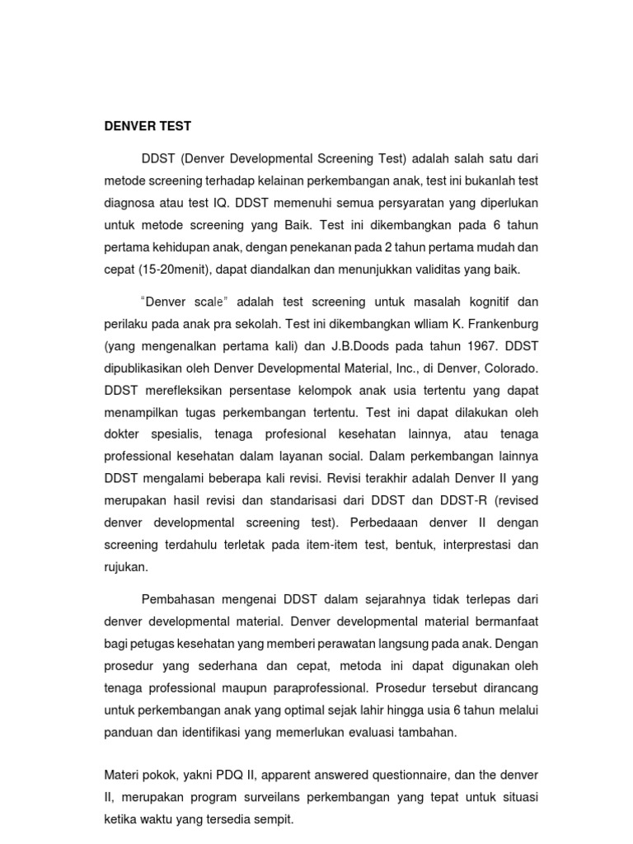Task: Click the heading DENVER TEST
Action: pos(148,127)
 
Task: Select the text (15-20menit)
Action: pos(180,270)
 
